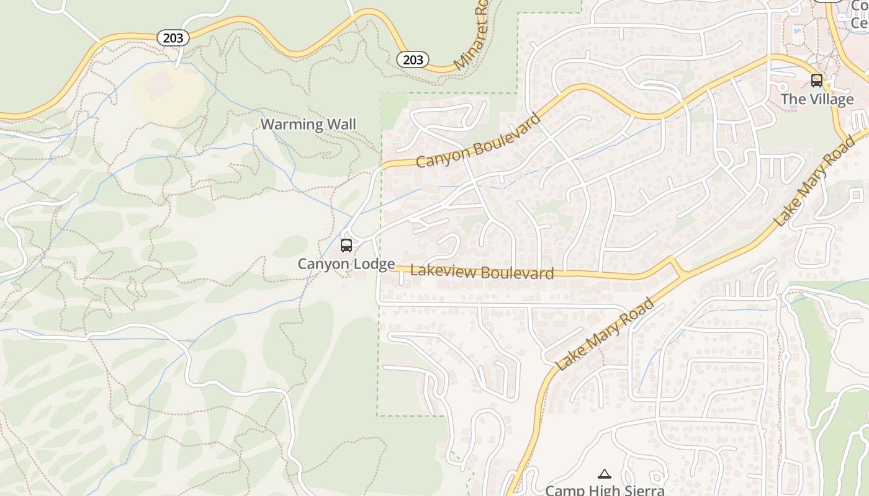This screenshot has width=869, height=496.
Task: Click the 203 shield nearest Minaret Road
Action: [x=413, y=60]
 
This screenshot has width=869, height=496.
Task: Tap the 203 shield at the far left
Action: [x=173, y=38]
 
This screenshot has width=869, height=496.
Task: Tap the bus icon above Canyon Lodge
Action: [x=346, y=245]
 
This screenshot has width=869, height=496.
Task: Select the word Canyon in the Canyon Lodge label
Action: [x=322, y=264]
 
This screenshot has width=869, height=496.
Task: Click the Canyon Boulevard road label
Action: [x=478, y=140]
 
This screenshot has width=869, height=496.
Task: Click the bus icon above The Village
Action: [x=817, y=80]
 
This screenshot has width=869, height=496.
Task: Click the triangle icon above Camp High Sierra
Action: [x=604, y=474]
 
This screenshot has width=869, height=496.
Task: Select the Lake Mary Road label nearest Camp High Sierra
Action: [x=606, y=334]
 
